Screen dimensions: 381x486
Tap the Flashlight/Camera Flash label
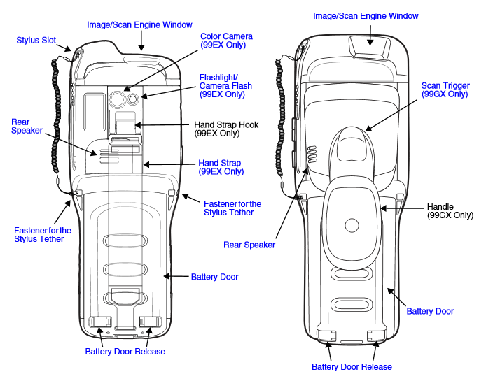225,85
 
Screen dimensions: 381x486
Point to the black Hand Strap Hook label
226,129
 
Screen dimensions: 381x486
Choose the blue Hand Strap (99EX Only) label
221,167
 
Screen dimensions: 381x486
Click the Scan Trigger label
444,89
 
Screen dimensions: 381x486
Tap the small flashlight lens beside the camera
132,99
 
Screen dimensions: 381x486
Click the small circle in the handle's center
349,226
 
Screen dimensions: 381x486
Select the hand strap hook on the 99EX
125,127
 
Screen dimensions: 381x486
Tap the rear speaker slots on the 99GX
312,159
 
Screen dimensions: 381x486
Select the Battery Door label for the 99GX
430,311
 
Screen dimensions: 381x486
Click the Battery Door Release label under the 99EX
125,351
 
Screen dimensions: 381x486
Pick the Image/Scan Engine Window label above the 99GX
366,15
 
